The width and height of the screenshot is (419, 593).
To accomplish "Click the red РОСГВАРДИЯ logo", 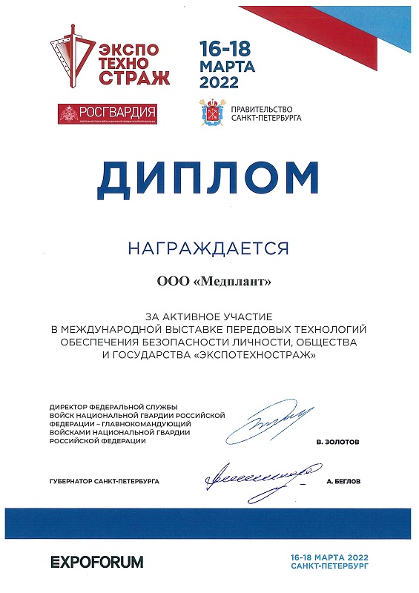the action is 108,113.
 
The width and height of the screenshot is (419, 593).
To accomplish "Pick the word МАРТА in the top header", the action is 228,66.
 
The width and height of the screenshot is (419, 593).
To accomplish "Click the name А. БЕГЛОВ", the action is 343,481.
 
